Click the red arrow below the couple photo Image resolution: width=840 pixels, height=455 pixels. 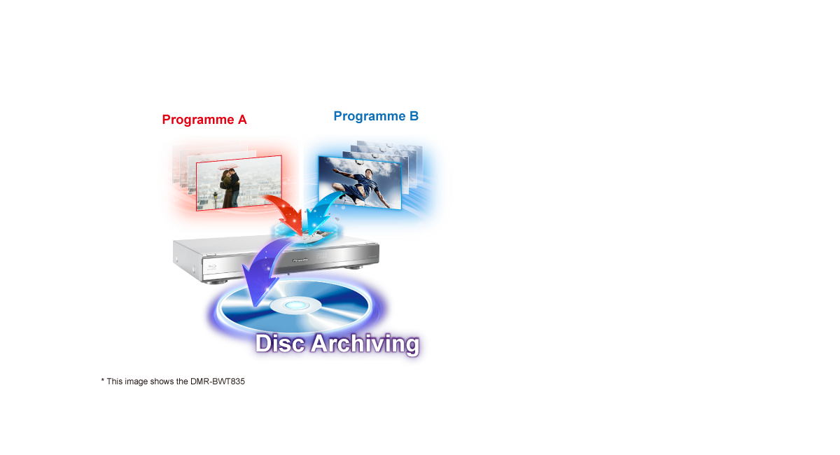[283, 210]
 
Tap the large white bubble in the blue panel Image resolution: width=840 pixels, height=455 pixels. [420, 224]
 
